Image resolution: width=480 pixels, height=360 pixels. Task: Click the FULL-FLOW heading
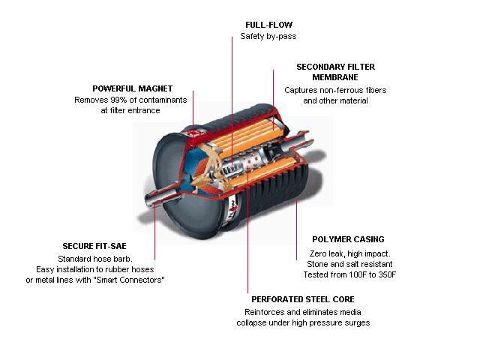pos(268,25)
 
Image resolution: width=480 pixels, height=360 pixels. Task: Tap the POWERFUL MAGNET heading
pos(133,88)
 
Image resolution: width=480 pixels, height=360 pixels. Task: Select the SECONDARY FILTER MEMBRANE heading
pos(335,72)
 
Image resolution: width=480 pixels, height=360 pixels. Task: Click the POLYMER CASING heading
pos(348,239)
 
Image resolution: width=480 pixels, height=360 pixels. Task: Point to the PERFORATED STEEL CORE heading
pos(303,299)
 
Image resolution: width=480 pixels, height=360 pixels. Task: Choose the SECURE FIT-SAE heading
pos(94,246)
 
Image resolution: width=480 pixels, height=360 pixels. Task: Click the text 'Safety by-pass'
pos(268,37)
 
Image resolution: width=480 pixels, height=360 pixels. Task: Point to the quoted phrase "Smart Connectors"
pos(129,280)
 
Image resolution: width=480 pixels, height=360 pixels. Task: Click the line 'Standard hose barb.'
pos(95,259)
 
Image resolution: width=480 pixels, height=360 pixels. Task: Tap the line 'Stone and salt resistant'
pos(349,264)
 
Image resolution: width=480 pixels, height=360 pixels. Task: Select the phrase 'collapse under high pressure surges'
pos(303,323)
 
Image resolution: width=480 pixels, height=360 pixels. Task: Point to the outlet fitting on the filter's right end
pos(298,141)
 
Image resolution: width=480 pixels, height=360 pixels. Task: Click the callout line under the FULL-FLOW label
pos(232,97)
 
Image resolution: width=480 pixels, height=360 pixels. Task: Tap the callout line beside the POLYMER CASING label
pos(296,229)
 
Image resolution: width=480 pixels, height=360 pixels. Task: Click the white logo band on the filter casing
pos(233,211)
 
